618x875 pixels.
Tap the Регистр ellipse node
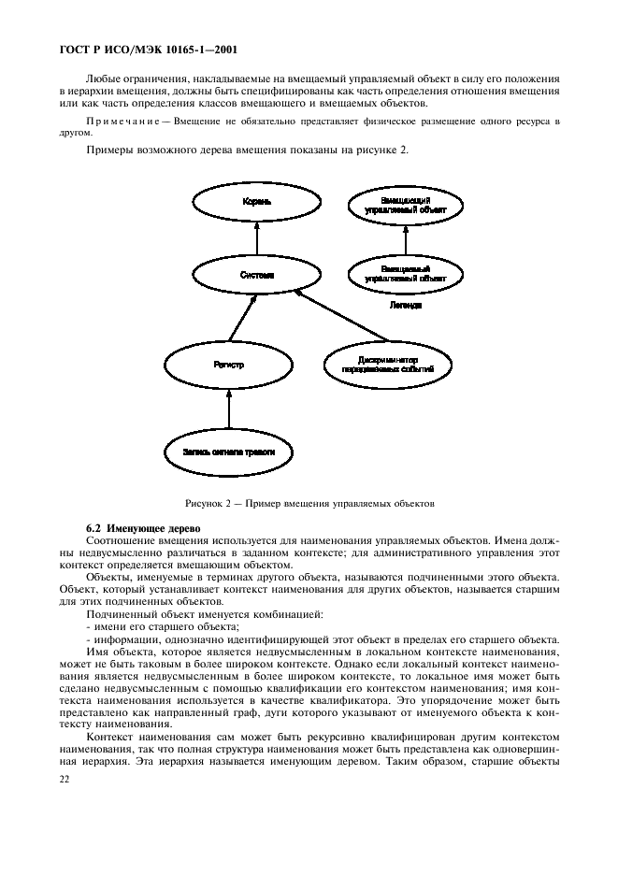point(229,365)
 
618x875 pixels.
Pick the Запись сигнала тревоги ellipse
point(229,452)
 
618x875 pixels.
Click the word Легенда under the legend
point(405,305)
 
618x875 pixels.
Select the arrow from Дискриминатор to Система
point(342,317)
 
